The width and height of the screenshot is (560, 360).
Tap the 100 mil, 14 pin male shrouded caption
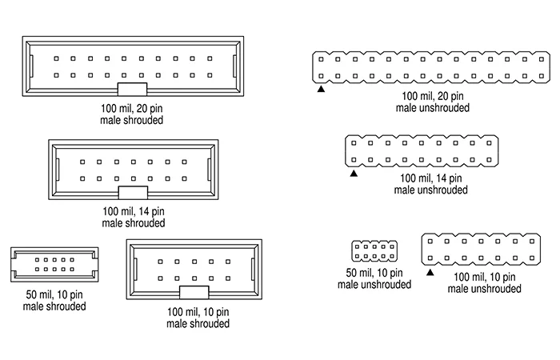[x=134, y=217]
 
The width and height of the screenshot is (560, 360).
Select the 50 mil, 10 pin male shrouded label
[x=54, y=300]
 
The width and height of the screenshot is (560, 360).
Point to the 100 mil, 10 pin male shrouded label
[x=198, y=318]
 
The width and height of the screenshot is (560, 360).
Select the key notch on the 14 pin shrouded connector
[x=133, y=192]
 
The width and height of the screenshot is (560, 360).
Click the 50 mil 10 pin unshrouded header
[x=374, y=252]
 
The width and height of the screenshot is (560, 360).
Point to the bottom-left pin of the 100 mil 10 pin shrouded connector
[x=160, y=278]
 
